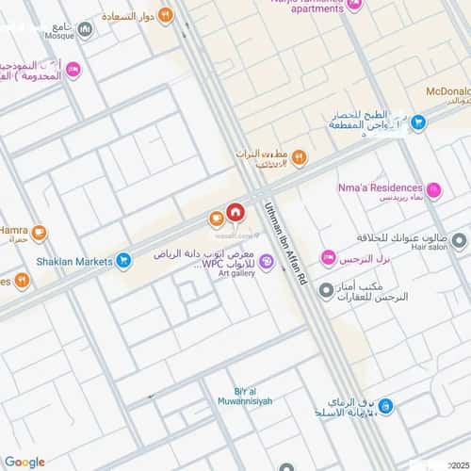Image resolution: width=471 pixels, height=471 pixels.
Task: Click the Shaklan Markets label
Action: pos(73,261)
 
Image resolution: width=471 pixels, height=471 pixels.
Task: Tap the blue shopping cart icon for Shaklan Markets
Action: pos(123,261)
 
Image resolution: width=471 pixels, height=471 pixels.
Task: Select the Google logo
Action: pos(24,461)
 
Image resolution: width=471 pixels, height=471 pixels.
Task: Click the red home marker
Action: pos(234,215)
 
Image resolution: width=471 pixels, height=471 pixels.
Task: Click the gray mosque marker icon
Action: pos(86,30)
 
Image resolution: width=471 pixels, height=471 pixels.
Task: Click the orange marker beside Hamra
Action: pos(39,232)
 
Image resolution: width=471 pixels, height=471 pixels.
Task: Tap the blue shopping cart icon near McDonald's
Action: pos(417,122)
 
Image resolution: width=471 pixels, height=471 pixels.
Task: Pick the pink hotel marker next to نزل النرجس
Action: pos(328,257)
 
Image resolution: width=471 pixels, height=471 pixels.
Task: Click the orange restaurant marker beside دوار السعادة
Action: pos(165,14)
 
